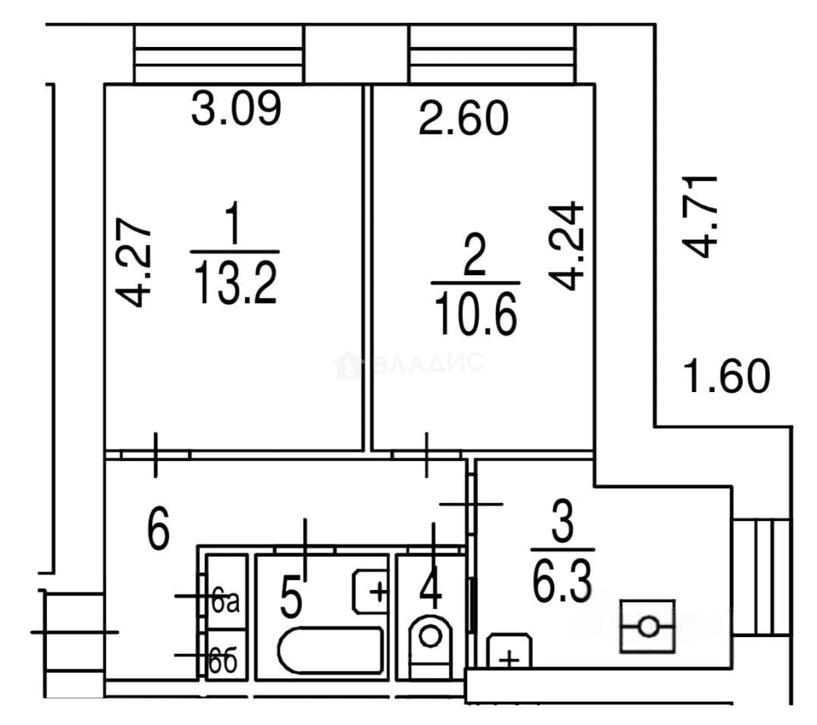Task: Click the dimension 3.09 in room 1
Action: coord(236,108)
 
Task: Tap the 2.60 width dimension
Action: coord(463,118)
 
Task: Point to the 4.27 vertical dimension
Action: coord(133,262)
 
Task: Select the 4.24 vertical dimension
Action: coord(566,246)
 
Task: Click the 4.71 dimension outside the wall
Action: coord(700,217)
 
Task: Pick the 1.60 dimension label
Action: coord(726,376)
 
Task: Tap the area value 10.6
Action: coord(476,313)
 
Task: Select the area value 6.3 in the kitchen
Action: coord(562,582)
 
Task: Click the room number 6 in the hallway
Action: coord(158,528)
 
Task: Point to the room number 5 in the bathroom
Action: coord(291,596)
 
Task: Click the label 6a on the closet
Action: coord(226,603)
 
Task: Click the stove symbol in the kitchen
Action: coord(647,626)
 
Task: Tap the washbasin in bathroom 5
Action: coord(370,591)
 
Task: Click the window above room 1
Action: coord(219,54)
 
